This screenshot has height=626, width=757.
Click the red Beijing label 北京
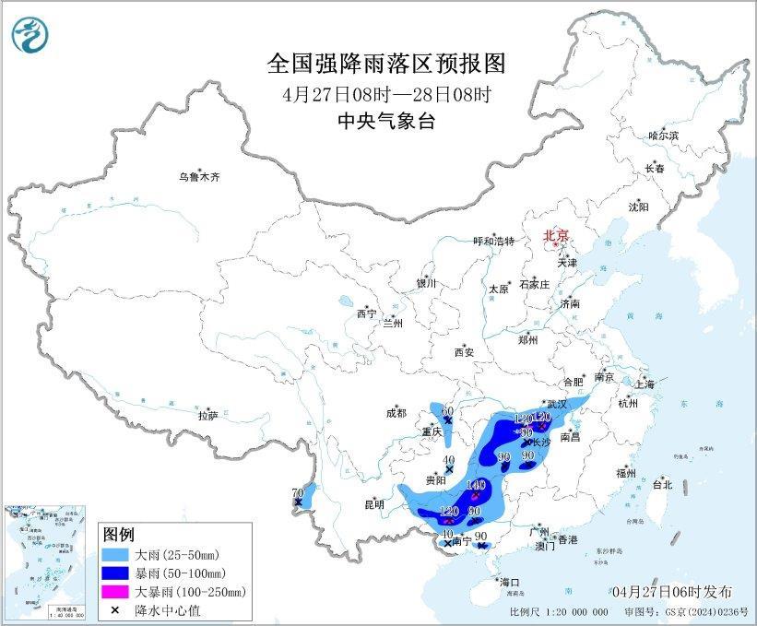tap(556, 235)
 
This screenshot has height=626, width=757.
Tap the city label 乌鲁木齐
tap(200, 176)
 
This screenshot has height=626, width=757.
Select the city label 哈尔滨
tap(663, 135)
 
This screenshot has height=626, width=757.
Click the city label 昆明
tap(374, 504)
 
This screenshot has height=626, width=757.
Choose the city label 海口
tap(510, 582)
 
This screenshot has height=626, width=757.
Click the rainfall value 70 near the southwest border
tap(297, 491)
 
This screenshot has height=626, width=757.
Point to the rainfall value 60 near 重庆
tap(448, 410)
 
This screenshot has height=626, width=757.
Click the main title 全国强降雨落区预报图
tap(386, 63)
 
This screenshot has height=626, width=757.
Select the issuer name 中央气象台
tap(386, 121)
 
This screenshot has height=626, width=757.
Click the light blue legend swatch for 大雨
tap(119, 556)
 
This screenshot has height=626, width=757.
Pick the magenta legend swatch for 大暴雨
tap(119, 591)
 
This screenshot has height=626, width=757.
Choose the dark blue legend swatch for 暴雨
tap(119, 573)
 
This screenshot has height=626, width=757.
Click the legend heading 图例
tap(119, 535)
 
